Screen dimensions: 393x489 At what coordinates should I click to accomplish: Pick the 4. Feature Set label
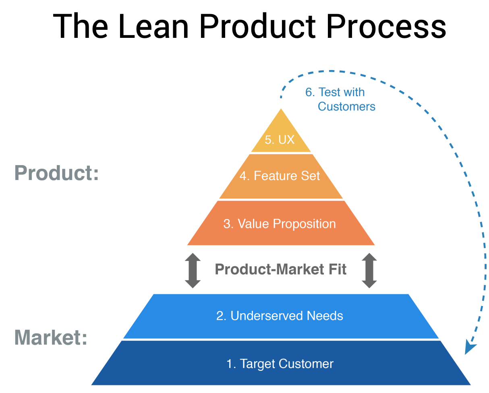pos(280,176)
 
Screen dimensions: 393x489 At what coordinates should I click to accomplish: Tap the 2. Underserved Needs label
pos(280,316)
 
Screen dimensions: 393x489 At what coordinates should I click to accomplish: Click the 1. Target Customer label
pos(280,364)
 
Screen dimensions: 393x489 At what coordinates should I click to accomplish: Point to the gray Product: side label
pos(56,174)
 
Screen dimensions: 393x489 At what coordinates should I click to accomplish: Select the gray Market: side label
pos(51,337)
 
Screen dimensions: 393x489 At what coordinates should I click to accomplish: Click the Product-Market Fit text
pos(280,269)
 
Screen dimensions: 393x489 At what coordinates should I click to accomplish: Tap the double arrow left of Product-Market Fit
pos(193,270)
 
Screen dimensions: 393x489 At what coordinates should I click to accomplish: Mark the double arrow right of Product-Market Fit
pos(369,270)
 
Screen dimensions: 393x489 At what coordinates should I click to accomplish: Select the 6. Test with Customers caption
pos(340,99)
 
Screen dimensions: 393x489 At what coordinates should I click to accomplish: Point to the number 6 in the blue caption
pos(309,92)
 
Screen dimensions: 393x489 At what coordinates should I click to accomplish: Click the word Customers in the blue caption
pos(346,106)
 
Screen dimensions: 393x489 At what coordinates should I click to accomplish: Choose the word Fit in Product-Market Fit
pos(337,269)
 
